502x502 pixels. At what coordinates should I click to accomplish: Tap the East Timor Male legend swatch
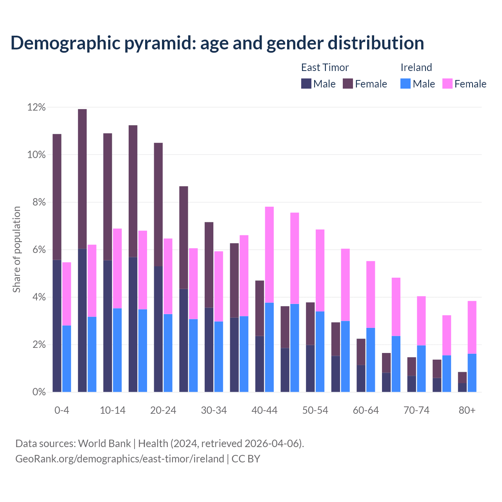[x=306, y=84]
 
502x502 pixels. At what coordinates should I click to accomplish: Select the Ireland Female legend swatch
[x=447, y=84]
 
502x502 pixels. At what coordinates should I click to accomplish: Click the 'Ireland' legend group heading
[x=416, y=67]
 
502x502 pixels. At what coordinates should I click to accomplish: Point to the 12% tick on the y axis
[x=36, y=107]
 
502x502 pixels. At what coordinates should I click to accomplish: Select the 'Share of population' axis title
[x=16, y=249]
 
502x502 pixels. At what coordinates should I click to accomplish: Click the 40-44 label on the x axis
[x=264, y=411]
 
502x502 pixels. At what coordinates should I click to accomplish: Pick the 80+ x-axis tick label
[x=467, y=411]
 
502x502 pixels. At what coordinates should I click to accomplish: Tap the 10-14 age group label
[x=113, y=411]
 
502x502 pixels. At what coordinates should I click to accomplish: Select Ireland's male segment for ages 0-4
[x=67, y=358]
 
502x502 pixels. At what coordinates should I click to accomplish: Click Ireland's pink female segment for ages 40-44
[x=269, y=255]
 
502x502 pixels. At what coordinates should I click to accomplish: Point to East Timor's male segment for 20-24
[x=158, y=329]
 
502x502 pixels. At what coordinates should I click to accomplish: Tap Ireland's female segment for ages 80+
[x=472, y=327]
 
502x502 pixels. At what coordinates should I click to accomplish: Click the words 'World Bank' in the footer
[x=104, y=444]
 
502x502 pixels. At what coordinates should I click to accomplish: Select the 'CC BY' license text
[x=246, y=459]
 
